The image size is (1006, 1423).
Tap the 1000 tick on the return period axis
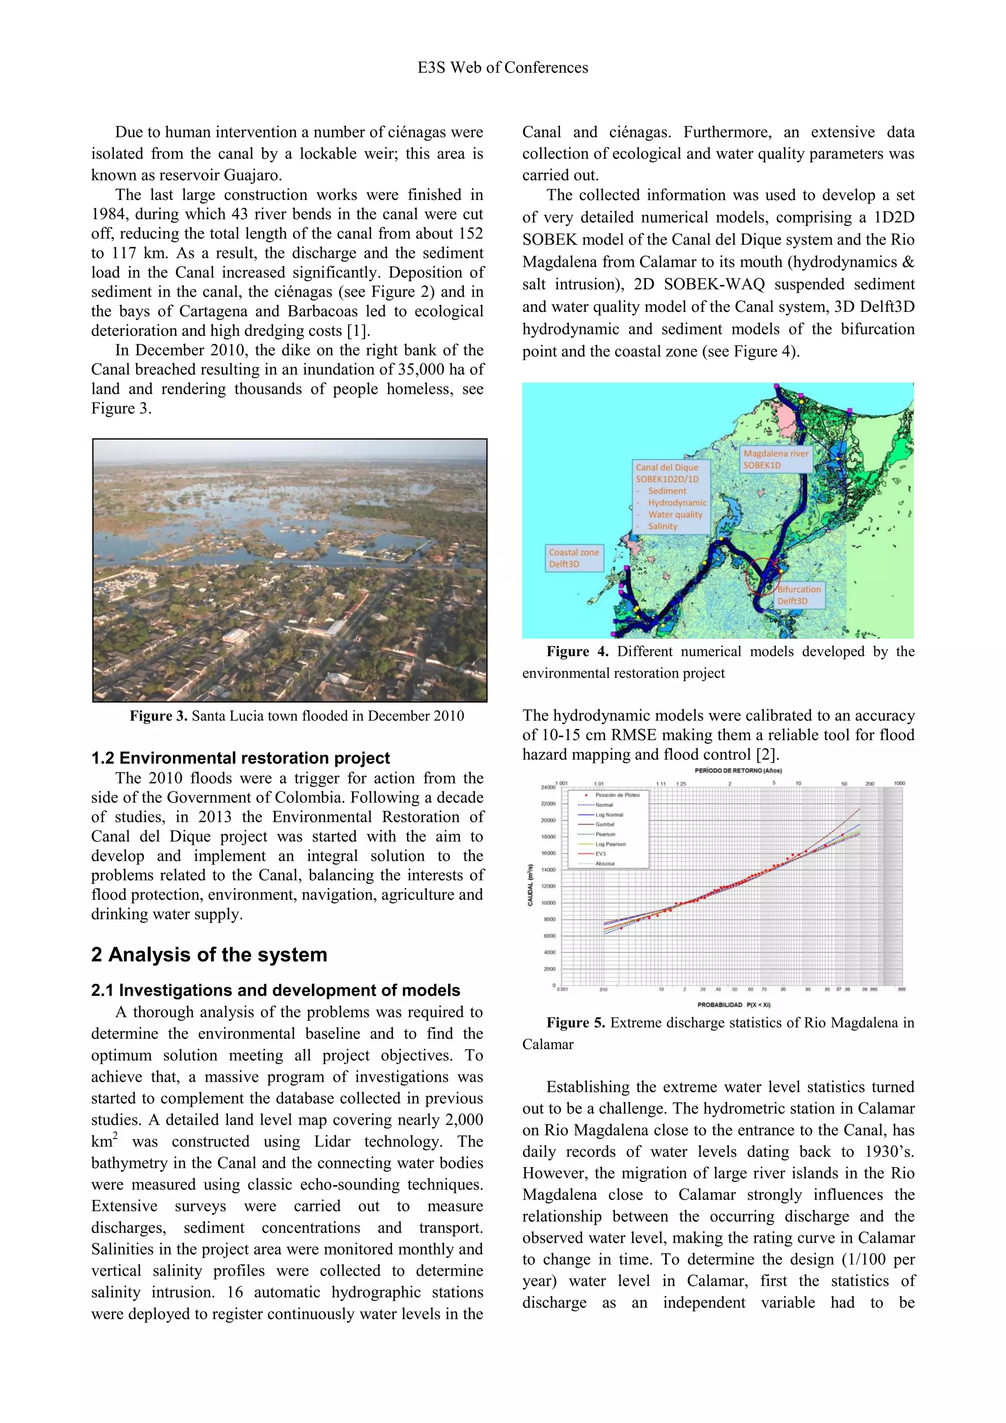click(x=899, y=783)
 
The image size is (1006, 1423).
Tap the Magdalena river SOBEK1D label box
click(x=776, y=459)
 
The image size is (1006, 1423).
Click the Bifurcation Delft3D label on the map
click(x=799, y=595)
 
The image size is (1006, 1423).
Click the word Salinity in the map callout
click(x=663, y=526)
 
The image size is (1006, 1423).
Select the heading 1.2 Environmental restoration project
click(x=241, y=758)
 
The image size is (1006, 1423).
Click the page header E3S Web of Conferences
click(x=503, y=68)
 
